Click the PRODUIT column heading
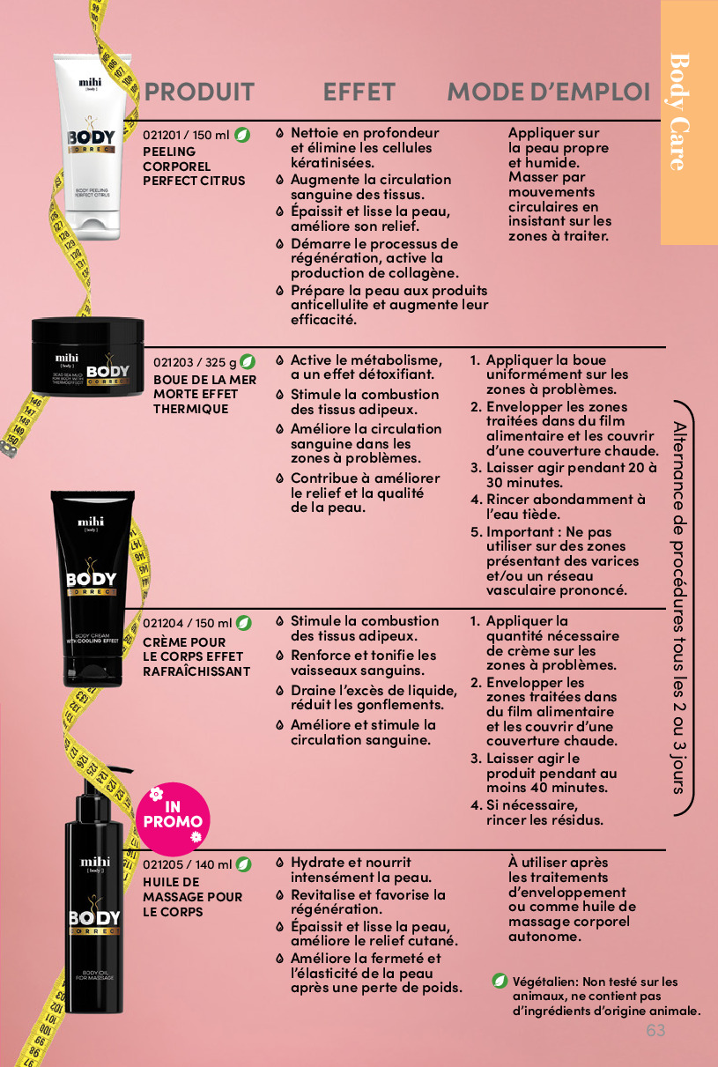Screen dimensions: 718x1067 [x=199, y=92]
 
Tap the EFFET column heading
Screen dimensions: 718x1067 [x=359, y=92]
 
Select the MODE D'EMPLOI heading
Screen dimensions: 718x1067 [x=549, y=92]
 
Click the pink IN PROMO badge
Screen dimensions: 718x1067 [x=173, y=819]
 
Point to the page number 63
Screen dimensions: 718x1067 [x=655, y=1030]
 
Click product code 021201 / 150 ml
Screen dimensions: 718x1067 [x=186, y=136]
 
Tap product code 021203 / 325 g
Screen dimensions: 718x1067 [x=195, y=362]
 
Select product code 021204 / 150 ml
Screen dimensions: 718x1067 [x=188, y=623]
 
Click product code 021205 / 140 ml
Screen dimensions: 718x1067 [x=188, y=864]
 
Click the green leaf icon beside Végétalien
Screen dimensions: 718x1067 [x=500, y=981]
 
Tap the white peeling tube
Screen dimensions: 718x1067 [x=93, y=146]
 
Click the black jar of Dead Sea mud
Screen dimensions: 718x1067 [x=87, y=356]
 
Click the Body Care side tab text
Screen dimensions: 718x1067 [x=680, y=112]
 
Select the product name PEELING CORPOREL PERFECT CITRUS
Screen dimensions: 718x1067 [x=194, y=167]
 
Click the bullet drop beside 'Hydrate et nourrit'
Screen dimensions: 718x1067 [x=280, y=863]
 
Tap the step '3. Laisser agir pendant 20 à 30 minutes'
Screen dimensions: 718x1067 [x=564, y=475]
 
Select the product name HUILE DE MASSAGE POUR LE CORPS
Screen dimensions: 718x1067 [x=193, y=897]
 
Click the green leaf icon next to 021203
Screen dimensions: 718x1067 [x=247, y=362]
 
